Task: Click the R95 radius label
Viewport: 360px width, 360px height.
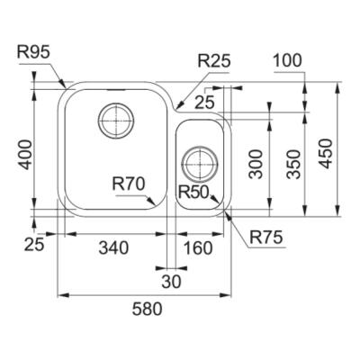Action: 33,53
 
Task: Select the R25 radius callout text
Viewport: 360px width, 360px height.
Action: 214,61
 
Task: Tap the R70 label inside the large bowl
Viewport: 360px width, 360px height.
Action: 129,184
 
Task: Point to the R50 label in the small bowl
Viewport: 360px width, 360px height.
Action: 193,192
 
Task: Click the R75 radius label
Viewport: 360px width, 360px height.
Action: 266,238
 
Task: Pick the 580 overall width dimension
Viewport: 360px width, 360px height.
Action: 148,309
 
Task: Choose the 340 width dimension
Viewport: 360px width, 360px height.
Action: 113,247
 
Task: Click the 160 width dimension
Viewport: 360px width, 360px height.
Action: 198,247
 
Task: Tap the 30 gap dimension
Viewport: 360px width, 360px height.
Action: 172,282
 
